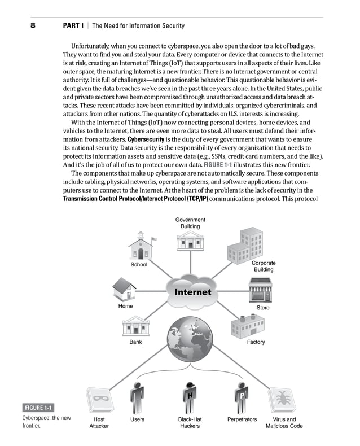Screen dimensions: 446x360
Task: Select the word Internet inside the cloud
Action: point(192,292)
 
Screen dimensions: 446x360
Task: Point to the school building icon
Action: point(139,246)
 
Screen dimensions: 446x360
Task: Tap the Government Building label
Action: point(190,223)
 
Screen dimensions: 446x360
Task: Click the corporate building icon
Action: point(245,243)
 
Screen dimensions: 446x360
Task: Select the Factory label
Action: point(256,342)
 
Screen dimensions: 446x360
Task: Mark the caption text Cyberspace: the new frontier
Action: point(46,422)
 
